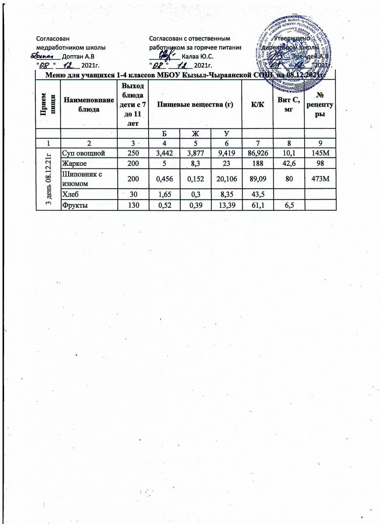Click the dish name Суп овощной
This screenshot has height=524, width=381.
81,152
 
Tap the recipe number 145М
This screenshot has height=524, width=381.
321,152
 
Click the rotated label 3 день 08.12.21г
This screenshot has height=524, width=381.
46,178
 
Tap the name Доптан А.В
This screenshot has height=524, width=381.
78,55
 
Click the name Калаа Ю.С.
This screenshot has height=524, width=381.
198,55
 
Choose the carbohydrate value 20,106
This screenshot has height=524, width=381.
226,178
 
